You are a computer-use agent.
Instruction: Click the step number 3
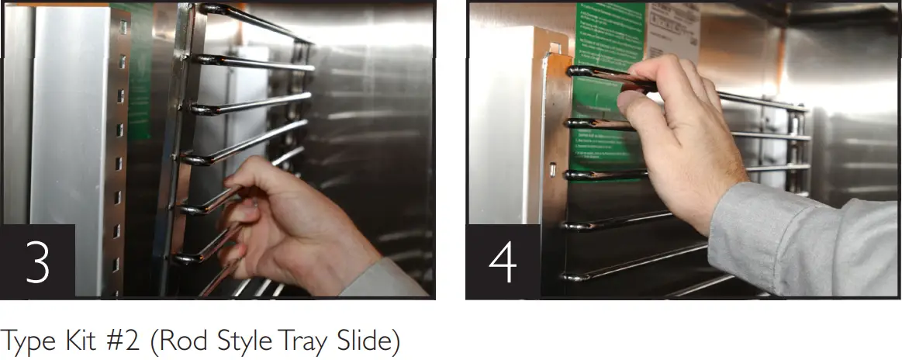point(36,262)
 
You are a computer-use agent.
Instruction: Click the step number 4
point(501,262)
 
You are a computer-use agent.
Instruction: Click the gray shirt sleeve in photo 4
point(807,241)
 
